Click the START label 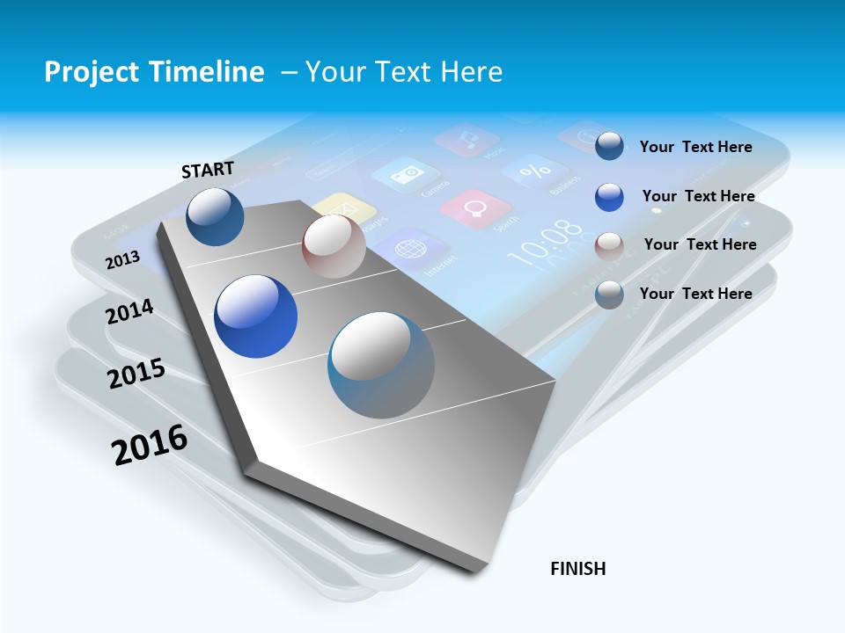click(208, 170)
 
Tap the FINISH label click(578, 569)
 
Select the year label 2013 click(122, 260)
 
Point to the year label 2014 click(129, 311)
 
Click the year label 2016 click(150, 445)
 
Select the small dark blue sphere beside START click(215, 216)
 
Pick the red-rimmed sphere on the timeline click(334, 246)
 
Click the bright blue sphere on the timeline click(255, 316)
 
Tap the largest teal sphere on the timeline click(381, 365)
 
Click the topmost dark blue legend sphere click(609, 146)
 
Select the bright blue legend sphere click(609, 197)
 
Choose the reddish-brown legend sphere click(609, 245)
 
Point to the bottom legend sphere click(609, 295)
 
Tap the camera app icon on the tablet click(407, 175)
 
